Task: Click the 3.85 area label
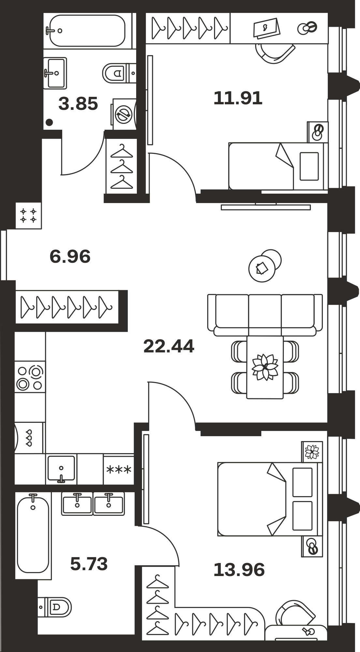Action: (78, 104)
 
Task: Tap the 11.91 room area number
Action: (238, 98)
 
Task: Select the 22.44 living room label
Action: (169, 346)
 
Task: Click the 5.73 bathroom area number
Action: (89, 564)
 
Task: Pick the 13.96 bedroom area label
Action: (239, 570)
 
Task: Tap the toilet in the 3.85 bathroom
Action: (119, 73)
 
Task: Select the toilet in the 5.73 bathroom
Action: (54, 607)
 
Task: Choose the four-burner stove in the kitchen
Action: (30, 377)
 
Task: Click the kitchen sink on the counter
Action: (61, 469)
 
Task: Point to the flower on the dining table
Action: (265, 367)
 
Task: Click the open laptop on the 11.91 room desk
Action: (266, 28)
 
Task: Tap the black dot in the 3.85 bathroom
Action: (49, 123)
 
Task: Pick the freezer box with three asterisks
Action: (119, 469)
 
